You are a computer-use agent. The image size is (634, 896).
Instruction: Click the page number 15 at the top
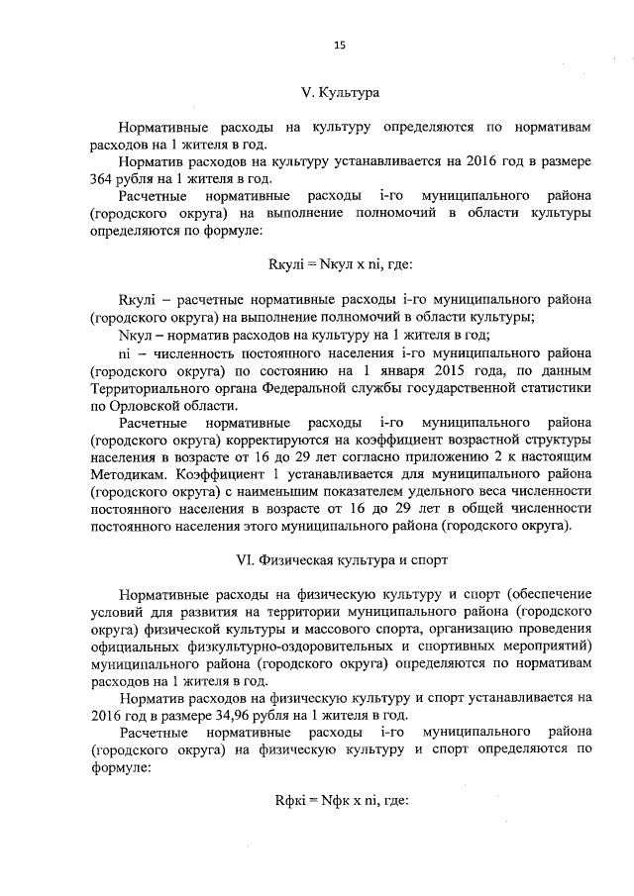339,45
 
